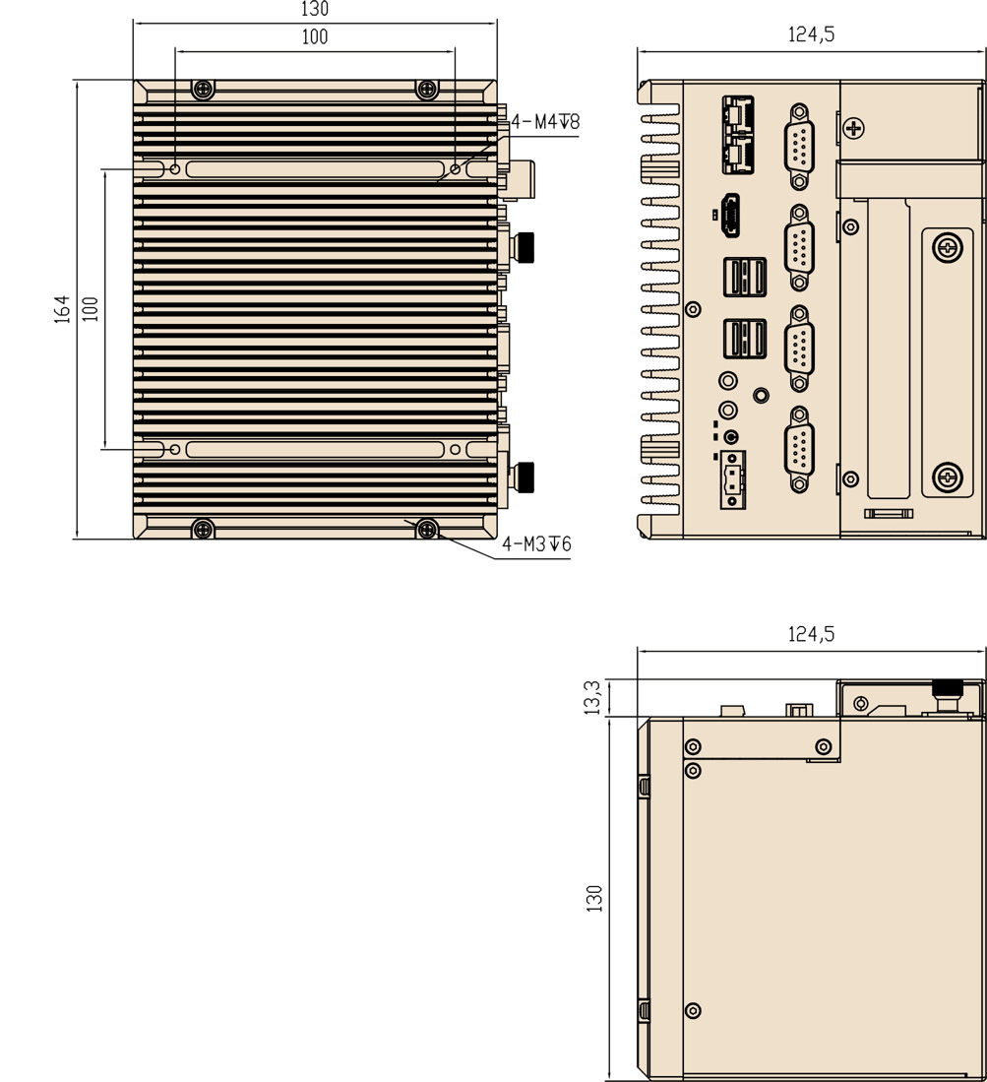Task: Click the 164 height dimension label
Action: tap(62, 309)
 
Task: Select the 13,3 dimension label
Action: tap(593, 697)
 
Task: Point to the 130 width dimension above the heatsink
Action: tap(315, 9)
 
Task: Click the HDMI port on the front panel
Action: tap(730, 216)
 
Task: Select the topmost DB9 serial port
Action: tap(799, 147)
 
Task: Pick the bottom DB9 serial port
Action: tap(799, 449)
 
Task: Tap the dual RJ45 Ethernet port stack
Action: tap(738, 135)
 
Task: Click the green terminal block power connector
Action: tap(732, 479)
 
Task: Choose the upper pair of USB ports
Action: tap(744, 277)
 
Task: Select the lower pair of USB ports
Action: tap(744, 339)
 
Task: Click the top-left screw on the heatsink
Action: tap(202, 89)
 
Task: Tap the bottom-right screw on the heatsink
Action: tap(427, 530)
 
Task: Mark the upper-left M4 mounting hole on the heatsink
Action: tap(175, 169)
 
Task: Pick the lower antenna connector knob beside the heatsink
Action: tap(525, 477)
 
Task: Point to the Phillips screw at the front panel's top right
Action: tap(854, 128)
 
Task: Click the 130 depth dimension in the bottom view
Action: tap(593, 899)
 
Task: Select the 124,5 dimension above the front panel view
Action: tap(811, 33)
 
